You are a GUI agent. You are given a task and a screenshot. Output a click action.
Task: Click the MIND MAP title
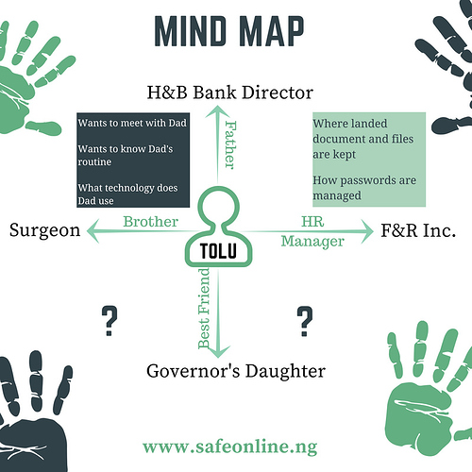point(229,31)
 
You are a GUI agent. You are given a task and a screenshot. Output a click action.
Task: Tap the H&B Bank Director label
point(230,93)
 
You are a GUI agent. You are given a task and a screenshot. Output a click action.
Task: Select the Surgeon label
point(44,230)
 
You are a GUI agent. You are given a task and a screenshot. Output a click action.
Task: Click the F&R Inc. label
point(418,230)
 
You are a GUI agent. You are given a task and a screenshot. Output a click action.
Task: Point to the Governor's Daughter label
point(236,371)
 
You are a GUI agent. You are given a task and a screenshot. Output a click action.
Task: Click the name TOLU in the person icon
point(218,251)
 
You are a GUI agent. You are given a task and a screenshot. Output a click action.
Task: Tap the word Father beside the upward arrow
point(230,145)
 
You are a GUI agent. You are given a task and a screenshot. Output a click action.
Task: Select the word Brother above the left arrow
point(150,222)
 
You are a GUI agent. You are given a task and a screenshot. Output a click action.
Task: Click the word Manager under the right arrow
point(312,242)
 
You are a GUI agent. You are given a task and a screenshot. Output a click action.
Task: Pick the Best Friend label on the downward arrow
point(204,308)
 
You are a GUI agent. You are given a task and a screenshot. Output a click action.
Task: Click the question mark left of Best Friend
point(110,321)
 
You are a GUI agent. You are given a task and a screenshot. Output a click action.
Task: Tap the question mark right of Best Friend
point(305,321)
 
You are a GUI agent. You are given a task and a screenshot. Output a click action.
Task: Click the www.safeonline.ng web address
point(230,447)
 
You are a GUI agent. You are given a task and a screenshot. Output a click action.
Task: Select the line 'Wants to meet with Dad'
point(132,123)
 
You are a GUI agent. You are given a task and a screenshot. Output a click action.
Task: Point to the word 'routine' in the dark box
point(94,161)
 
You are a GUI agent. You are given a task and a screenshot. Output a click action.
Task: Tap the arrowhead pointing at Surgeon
point(93,231)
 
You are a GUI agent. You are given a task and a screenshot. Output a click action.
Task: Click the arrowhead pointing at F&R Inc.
point(367,231)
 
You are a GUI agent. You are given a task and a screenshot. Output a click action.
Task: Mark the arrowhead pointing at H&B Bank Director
point(217,111)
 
